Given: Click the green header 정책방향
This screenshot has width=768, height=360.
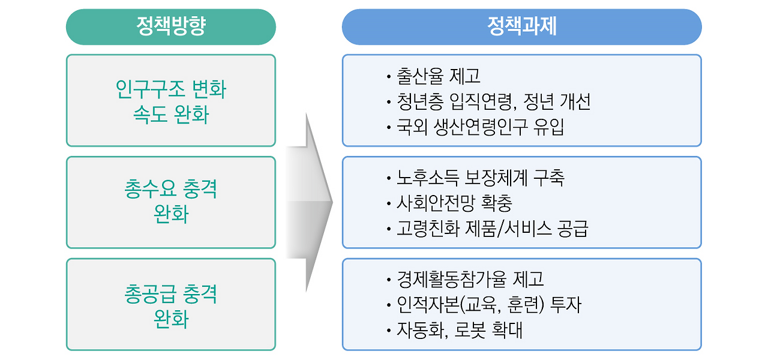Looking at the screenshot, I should point(170,27).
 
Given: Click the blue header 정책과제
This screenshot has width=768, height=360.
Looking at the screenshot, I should point(521,27).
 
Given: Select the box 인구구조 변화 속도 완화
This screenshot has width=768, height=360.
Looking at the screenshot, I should point(170,101).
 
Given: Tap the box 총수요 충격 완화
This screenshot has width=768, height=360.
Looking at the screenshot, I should point(170,202).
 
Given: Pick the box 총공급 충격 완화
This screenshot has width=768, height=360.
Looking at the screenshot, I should point(170,304).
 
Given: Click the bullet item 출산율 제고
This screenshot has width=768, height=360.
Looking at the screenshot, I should point(438,76).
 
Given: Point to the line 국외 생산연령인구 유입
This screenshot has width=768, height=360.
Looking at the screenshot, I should point(480,127).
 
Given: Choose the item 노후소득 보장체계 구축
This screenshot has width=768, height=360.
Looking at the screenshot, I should point(480,178).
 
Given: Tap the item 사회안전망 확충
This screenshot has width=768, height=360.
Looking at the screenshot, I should point(454,203).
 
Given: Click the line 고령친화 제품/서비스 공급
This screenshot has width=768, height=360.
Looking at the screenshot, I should point(492,229).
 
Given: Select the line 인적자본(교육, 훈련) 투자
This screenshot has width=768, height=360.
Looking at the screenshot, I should point(488,305).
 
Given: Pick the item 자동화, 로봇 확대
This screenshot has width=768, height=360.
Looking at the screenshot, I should point(459,330).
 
